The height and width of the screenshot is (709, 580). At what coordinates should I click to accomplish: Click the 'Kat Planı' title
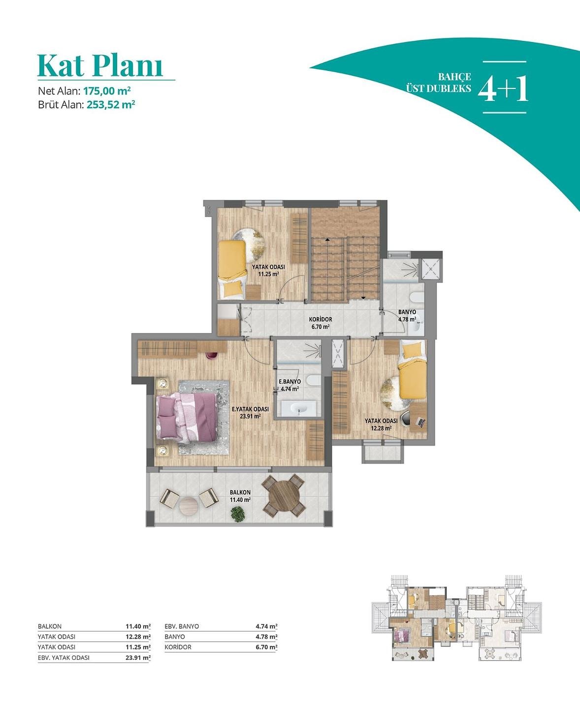click(100, 65)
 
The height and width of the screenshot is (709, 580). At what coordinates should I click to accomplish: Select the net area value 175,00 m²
click(107, 91)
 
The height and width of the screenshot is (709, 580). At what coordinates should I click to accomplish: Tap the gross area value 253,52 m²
click(111, 104)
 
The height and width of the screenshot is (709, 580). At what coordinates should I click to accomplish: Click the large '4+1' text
click(503, 88)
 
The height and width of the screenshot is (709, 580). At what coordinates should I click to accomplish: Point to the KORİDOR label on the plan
click(321, 320)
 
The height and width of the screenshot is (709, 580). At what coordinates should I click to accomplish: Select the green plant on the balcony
click(238, 514)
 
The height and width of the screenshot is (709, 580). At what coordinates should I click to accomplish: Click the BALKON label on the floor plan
click(240, 492)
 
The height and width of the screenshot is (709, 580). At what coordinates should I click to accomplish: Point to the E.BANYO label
click(290, 382)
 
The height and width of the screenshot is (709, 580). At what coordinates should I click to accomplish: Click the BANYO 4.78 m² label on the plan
click(407, 316)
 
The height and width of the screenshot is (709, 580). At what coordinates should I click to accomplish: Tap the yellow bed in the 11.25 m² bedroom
click(232, 269)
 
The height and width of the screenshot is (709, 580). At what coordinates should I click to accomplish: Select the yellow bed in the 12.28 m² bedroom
click(413, 371)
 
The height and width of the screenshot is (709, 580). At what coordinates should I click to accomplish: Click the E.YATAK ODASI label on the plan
click(251, 409)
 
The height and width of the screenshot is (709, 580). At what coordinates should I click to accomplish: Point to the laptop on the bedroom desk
click(420, 421)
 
